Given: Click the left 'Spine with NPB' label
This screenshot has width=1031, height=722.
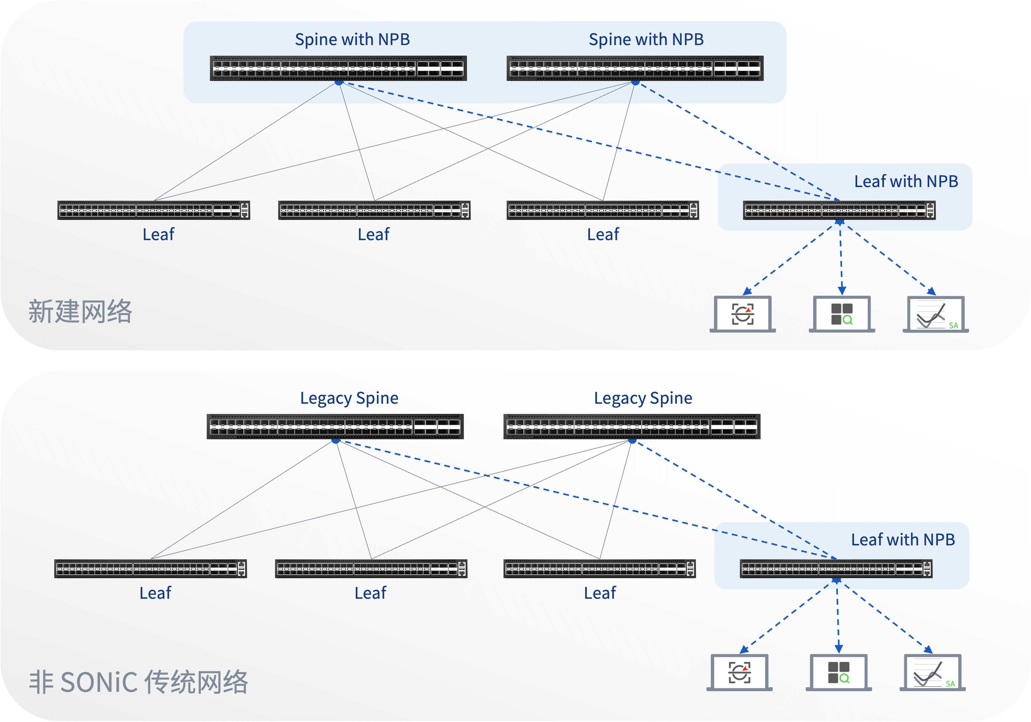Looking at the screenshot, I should click(x=352, y=39).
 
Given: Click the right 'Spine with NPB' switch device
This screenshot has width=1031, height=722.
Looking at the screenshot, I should click(x=634, y=68).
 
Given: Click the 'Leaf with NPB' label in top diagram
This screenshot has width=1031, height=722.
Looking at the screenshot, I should click(x=906, y=181).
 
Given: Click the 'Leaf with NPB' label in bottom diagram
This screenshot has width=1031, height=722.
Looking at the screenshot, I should click(x=903, y=540).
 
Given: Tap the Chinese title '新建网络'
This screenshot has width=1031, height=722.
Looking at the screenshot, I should click(x=80, y=312).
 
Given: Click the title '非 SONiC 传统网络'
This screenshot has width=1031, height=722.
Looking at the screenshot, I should click(x=138, y=682).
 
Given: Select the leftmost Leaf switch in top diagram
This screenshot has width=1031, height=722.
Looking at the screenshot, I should click(x=153, y=210).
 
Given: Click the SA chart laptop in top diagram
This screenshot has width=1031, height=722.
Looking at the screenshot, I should click(x=935, y=314).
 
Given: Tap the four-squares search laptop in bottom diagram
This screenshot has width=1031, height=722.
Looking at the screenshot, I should click(x=838, y=673).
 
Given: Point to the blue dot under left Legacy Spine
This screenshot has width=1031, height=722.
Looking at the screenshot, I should click(x=336, y=441).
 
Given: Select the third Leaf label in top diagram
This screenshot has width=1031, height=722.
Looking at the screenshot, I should click(x=603, y=234).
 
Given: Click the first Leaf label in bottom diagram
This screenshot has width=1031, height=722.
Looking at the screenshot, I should click(x=155, y=593).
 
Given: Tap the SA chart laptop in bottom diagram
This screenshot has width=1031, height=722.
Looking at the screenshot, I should click(x=932, y=673).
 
